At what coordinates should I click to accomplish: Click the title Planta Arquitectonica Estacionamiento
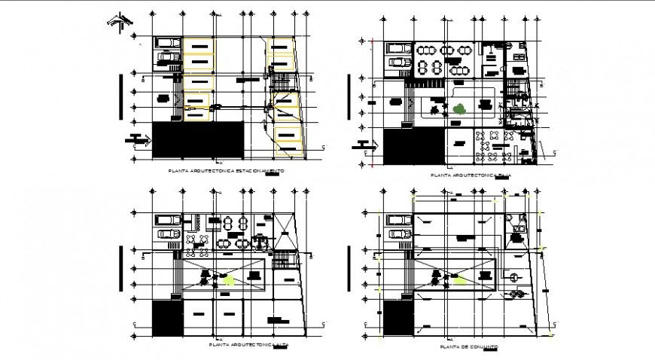click(x=229, y=172)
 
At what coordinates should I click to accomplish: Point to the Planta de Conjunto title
click(x=471, y=347)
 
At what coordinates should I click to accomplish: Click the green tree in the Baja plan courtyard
click(x=458, y=108)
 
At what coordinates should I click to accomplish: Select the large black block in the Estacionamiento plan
click(x=198, y=139)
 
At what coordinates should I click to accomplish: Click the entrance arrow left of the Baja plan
click(x=367, y=145)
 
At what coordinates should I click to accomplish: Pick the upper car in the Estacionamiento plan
click(x=169, y=43)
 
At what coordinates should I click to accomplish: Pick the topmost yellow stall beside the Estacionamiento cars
click(x=200, y=47)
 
